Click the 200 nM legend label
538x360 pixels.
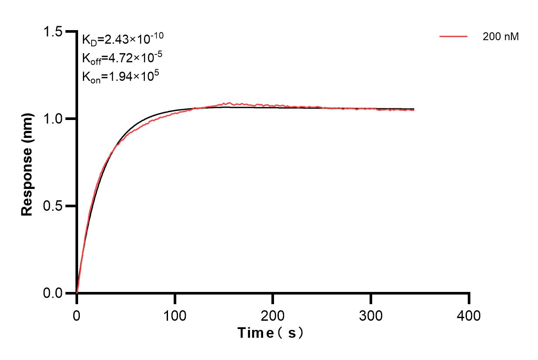tap(500, 37)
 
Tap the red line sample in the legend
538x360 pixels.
tap(454, 37)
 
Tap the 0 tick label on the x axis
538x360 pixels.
tap(77, 315)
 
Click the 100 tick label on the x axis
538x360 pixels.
tap(175, 315)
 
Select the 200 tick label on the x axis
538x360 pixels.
tap(273, 315)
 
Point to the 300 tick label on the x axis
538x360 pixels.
tap(371, 315)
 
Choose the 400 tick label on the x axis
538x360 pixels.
tap(469, 315)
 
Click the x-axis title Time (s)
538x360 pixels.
tap(270, 333)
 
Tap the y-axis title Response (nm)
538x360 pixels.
tap(27, 162)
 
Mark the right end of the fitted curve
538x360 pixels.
tap(414, 109)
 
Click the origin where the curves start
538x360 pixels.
tap(77, 293)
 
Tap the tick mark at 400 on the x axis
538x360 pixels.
tap(469, 298)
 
